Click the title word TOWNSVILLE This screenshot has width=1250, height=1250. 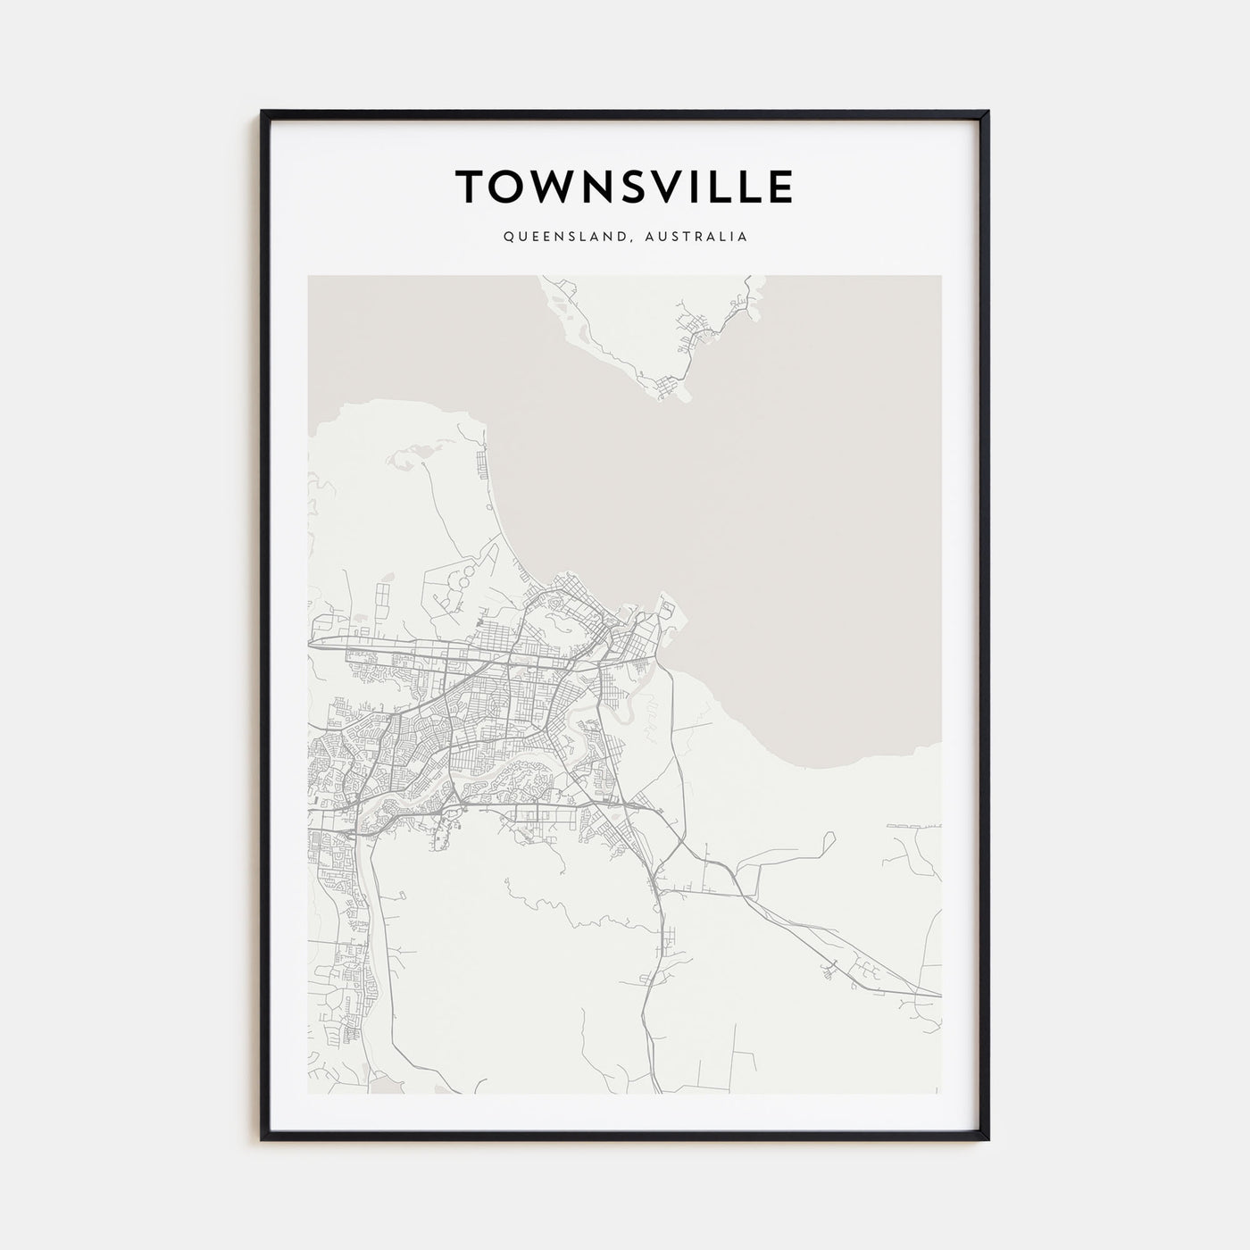[x=624, y=187]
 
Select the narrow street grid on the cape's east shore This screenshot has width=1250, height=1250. [x=483, y=464]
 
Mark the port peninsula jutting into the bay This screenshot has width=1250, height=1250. [x=669, y=616]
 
